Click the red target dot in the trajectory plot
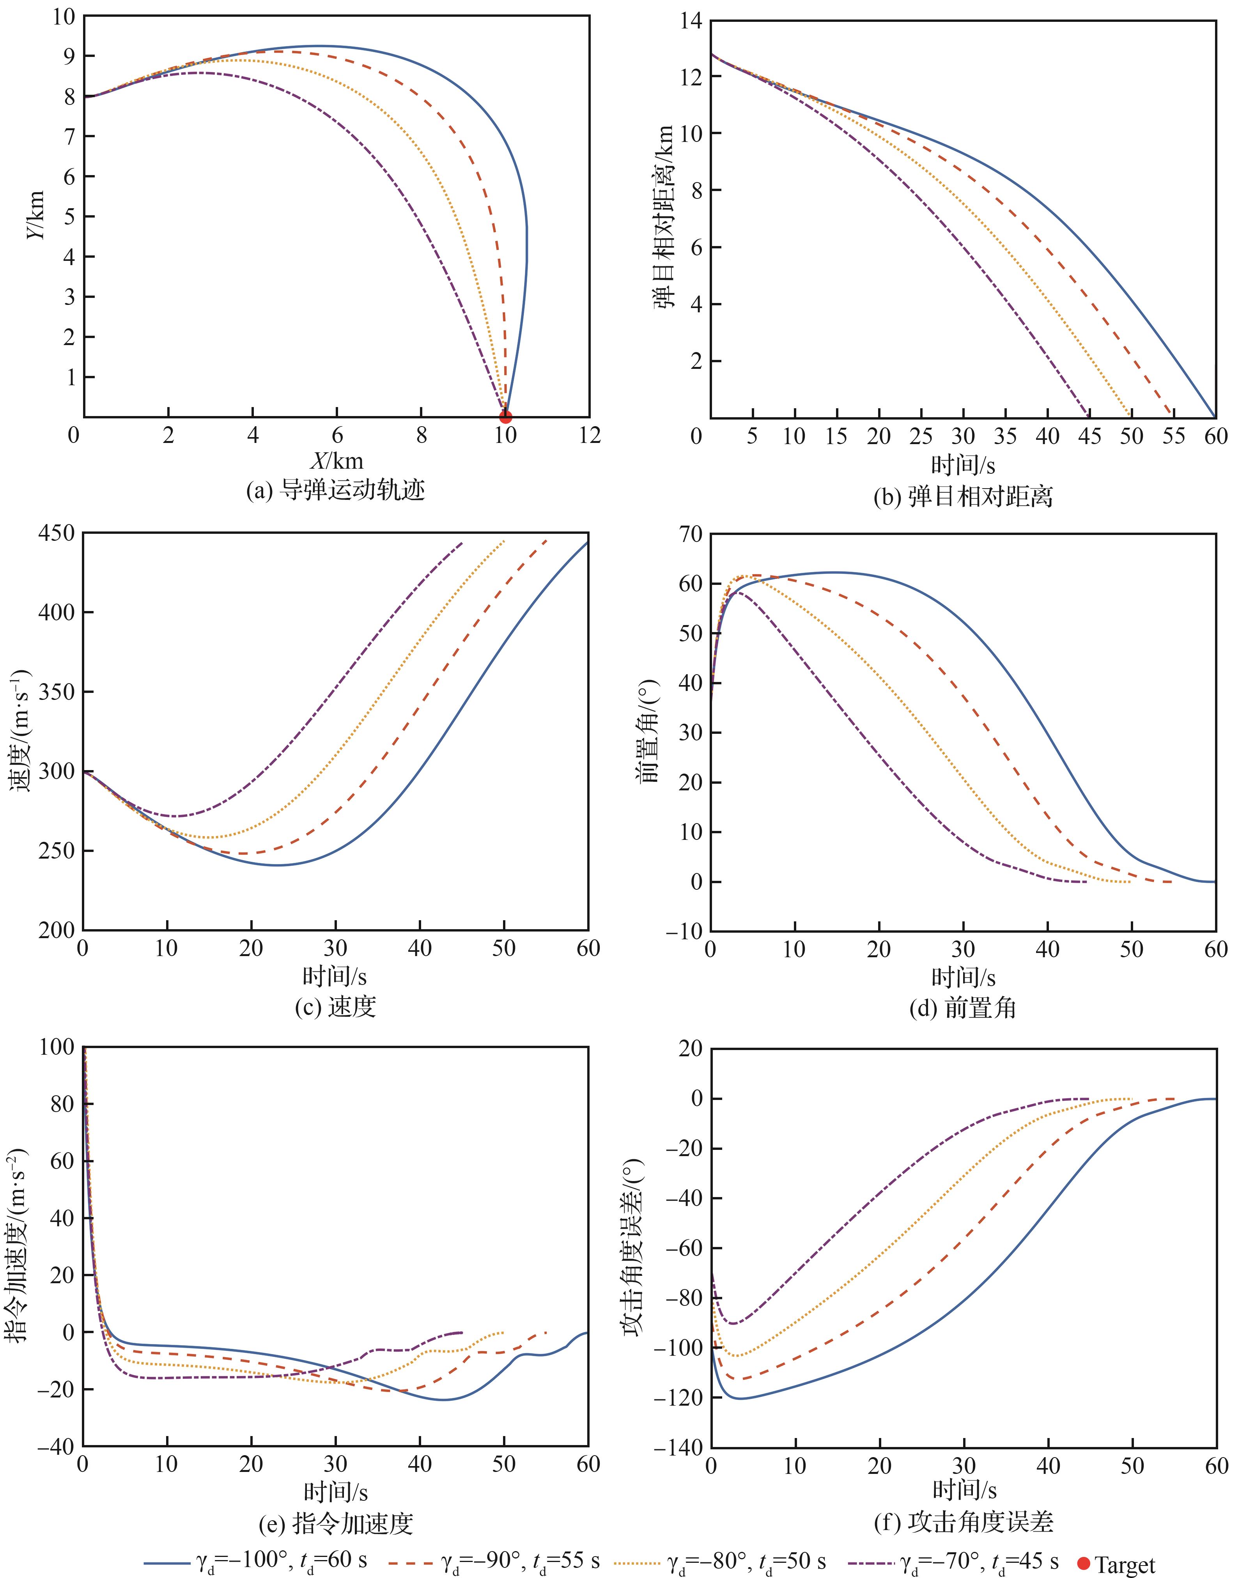[x=505, y=418]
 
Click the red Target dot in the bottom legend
[x=1084, y=1558]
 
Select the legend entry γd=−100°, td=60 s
[x=255, y=1558]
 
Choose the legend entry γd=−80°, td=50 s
[x=721, y=1558]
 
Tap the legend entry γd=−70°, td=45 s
[x=953, y=1558]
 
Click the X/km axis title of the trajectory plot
[x=337, y=460]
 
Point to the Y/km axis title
[x=35, y=215]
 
